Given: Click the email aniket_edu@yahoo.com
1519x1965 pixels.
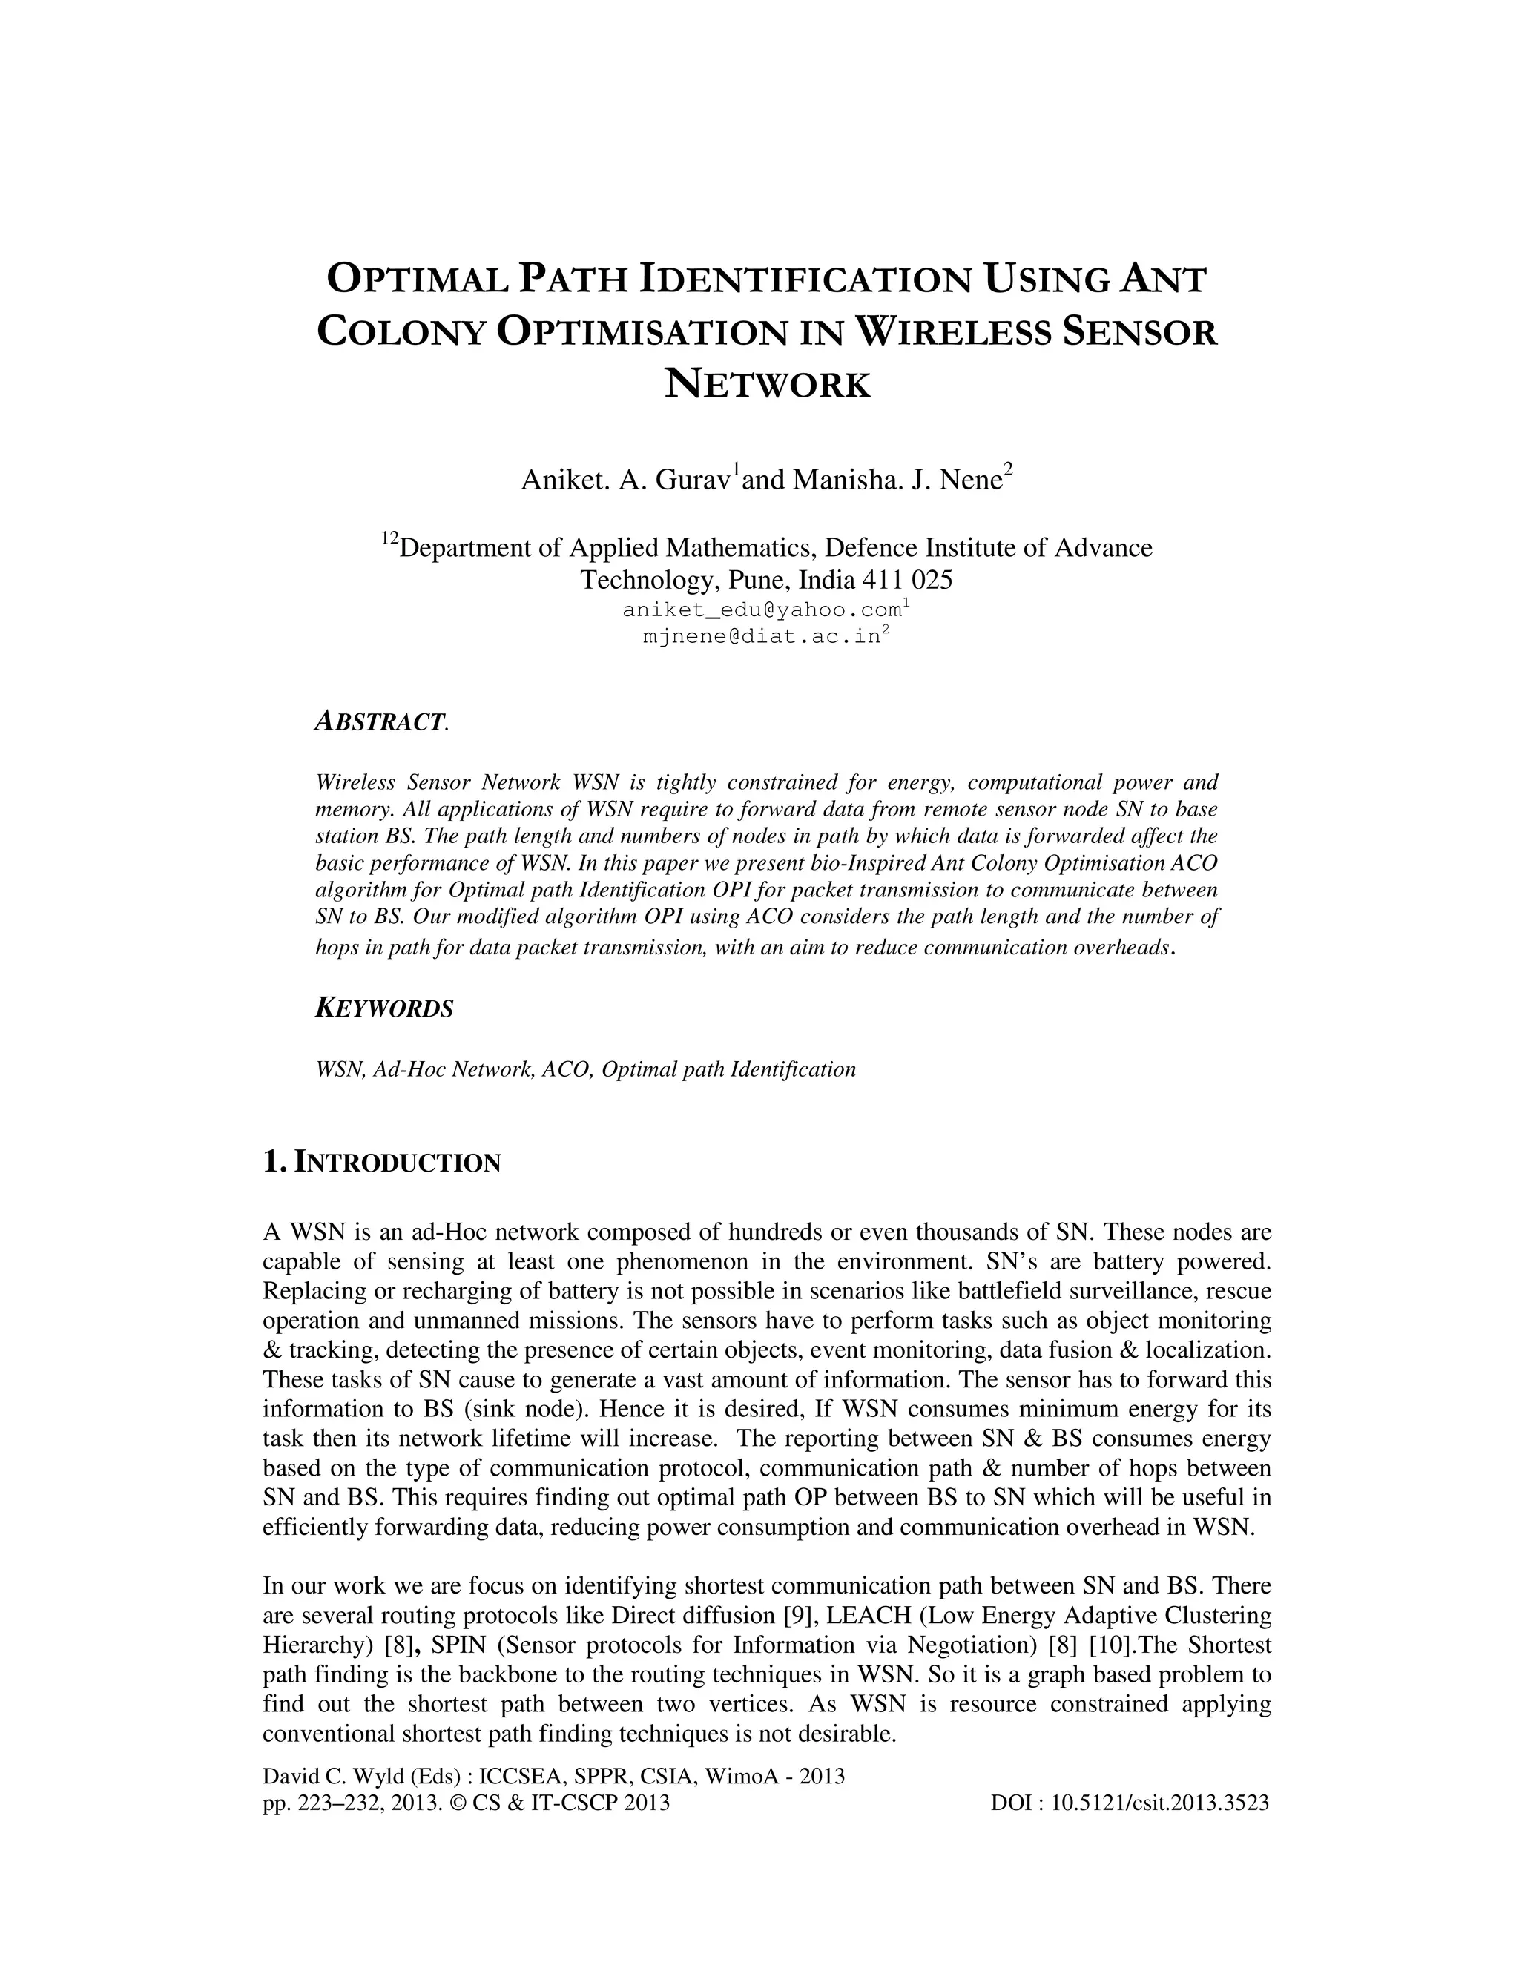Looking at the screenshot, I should click(762, 611).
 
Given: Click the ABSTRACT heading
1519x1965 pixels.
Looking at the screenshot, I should click(379, 721).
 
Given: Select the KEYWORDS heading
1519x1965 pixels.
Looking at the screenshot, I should click(384, 1008).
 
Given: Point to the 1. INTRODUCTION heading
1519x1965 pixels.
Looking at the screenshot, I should click(381, 1163).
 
